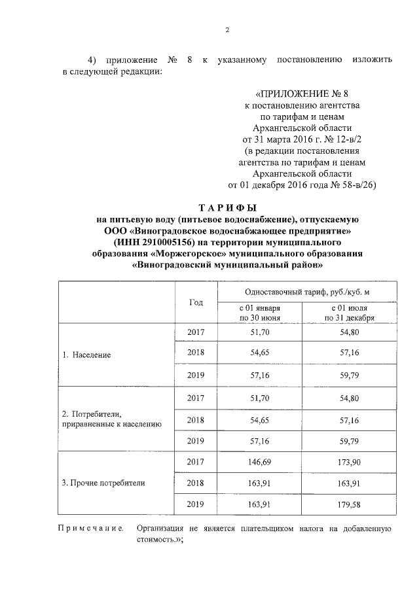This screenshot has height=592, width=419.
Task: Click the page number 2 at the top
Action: click(227, 30)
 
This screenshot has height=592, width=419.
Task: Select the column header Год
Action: click(196, 302)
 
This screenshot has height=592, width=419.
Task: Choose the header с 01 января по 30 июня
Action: click(260, 313)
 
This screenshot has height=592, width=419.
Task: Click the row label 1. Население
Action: click(86, 355)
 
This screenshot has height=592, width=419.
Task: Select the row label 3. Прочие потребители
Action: click(103, 483)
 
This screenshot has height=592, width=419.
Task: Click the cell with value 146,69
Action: click(260, 462)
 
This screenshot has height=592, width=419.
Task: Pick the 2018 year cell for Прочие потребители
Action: click(196, 483)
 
